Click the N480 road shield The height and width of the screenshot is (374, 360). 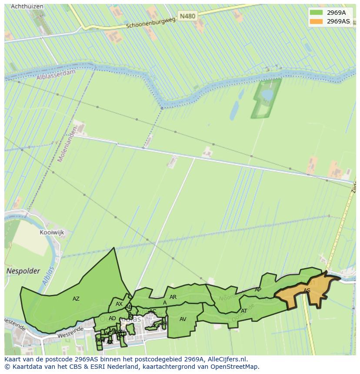187,16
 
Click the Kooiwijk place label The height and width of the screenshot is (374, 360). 52,232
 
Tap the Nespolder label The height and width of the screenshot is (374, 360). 23,271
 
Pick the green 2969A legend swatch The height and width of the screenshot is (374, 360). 317,13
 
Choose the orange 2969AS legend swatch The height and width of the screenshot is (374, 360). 317,21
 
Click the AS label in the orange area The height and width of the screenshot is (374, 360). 307,291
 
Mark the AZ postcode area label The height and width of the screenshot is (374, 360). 76,299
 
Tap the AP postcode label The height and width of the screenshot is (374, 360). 258,290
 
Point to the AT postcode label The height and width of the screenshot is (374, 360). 244,311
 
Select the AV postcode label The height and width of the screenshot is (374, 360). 183,319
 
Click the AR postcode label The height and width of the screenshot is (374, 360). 173,297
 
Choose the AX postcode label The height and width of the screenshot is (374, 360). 119,304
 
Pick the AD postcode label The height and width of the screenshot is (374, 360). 112,318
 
